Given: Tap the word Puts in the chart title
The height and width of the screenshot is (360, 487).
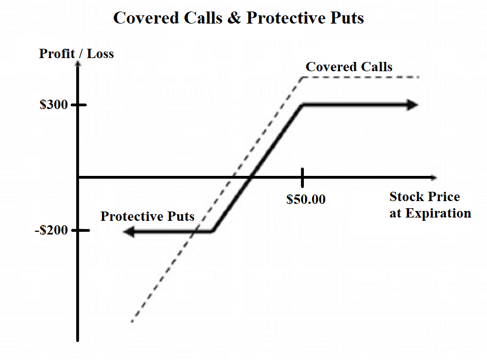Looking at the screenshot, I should [x=346, y=18].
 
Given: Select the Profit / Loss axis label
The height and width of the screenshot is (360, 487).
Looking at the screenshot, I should [x=76, y=54].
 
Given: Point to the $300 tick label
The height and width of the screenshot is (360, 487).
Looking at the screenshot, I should [x=54, y=105].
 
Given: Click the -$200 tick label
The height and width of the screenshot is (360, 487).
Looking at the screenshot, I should [x=52, y=230].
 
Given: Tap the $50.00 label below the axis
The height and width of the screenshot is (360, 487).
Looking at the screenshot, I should [x=305, y=199].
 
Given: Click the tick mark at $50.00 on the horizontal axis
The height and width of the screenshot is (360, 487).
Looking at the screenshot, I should [x=302, y=177].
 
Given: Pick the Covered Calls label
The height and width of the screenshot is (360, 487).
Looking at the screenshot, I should [x=349, y=67].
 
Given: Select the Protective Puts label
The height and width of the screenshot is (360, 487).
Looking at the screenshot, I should [x=147, y=216].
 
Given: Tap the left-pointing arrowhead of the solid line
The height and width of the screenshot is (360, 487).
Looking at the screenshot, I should [x=129, y=232].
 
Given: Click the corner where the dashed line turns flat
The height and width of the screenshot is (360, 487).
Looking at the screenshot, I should [x=303, y=77].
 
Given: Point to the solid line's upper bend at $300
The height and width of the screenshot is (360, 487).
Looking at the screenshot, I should [x=303, y=105].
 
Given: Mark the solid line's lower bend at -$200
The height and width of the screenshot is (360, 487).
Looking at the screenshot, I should [x=212, y=231].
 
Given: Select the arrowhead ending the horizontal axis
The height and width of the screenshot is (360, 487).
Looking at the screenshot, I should [x=434, y=177].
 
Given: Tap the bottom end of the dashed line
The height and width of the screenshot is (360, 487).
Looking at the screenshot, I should [x=132, y=322].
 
